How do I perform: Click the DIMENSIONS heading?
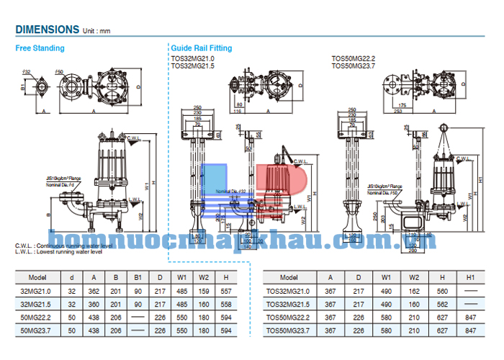47,30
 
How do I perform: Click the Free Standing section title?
40,48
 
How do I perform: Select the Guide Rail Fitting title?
202,48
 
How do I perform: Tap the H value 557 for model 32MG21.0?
226,291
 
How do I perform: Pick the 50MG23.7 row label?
37,330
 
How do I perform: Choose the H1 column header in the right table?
470,277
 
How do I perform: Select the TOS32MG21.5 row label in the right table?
288,304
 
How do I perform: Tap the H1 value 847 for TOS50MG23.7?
470,330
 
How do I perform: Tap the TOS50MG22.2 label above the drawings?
354,58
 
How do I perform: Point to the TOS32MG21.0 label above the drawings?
193,58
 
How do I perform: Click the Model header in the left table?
37,277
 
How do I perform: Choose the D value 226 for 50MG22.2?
159,317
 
